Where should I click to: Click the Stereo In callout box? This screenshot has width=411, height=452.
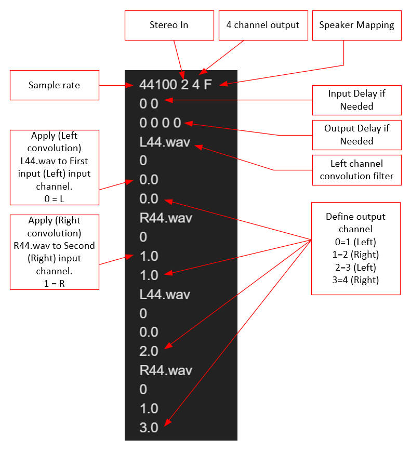point(169,25)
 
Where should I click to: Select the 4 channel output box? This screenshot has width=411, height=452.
point(263,25)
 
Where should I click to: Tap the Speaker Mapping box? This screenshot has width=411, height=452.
point(356,25)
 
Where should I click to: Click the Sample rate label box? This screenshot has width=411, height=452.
point(55,85)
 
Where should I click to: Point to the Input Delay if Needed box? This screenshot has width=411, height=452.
point(356,100)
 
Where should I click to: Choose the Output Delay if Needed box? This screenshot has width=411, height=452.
point(356,135)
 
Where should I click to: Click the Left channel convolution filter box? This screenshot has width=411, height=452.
point(356,169)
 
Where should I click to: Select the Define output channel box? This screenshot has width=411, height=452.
point(356,248)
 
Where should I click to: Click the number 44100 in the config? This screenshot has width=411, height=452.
point(158,85)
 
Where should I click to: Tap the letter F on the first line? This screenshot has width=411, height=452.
point(208,85)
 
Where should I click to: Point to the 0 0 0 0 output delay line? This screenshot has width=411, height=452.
point(161,123)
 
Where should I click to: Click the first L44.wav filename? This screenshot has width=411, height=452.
point(165,142)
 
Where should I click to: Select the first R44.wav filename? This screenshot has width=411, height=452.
point(166,218)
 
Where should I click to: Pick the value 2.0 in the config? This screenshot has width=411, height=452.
point(149,351)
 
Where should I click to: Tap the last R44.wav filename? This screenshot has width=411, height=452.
point(166,370)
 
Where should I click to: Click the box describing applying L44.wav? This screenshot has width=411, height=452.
point(55,167)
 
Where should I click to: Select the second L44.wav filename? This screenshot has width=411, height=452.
point(165,294)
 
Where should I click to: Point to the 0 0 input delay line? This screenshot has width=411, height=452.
point(149,104)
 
